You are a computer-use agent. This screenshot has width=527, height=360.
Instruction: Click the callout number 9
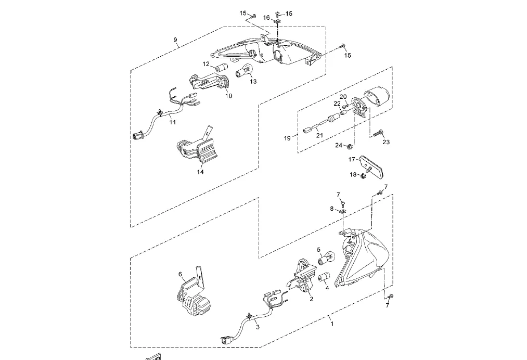(175, 40)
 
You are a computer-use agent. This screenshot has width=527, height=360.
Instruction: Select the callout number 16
(266, 18)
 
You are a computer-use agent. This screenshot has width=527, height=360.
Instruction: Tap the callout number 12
(206, 64)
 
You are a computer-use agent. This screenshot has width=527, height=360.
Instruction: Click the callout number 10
(229, 96)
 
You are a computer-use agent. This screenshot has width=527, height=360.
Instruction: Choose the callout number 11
(172, 122)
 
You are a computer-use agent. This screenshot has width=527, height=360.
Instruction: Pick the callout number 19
(287, 138)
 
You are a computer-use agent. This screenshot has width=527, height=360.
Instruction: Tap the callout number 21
(319, 135)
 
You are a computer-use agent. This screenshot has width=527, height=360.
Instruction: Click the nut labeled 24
(352, 145)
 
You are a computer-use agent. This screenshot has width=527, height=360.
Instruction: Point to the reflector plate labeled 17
(371, 165)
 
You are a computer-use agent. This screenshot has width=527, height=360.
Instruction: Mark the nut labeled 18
(363, 175)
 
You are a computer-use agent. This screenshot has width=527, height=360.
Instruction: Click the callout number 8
(332, 209)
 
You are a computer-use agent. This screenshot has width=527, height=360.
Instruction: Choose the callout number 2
(311, 299)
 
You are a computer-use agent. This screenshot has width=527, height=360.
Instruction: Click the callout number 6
(180, 274)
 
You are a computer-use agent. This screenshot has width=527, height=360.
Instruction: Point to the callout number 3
(257, 326)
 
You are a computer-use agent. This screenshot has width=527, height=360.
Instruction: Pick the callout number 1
(331, 323)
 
